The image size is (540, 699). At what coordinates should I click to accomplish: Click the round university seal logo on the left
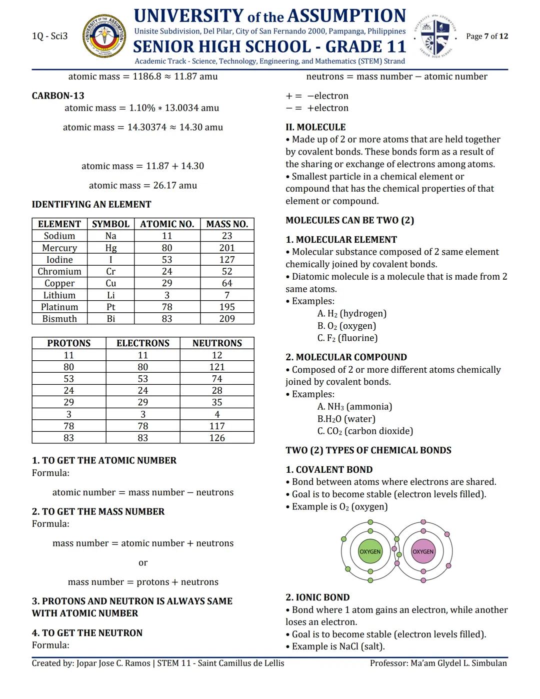104,36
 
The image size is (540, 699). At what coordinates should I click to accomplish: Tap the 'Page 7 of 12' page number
486,36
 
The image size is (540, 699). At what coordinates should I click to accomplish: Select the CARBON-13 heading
58,96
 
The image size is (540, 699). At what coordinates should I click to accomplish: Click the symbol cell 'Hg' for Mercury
110,248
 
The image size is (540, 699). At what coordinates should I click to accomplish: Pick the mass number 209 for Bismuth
227,319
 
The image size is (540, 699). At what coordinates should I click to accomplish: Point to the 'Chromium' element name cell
59,271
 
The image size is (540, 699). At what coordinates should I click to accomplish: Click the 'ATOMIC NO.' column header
167,224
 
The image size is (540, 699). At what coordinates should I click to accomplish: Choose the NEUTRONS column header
217,343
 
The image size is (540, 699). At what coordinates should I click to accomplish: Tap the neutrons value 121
217,367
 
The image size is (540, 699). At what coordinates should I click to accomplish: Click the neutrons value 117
217,426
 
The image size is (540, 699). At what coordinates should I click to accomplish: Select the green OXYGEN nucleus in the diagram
370,551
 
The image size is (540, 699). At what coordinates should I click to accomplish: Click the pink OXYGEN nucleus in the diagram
423,551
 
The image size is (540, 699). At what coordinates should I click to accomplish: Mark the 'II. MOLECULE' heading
315,127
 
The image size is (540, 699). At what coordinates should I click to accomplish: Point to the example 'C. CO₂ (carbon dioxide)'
365,431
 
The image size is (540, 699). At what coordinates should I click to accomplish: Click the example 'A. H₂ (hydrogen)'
351,313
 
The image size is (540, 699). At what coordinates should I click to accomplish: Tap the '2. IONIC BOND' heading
317,597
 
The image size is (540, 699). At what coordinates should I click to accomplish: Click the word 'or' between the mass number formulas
143,562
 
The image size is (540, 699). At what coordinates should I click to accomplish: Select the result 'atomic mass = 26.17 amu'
143,185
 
